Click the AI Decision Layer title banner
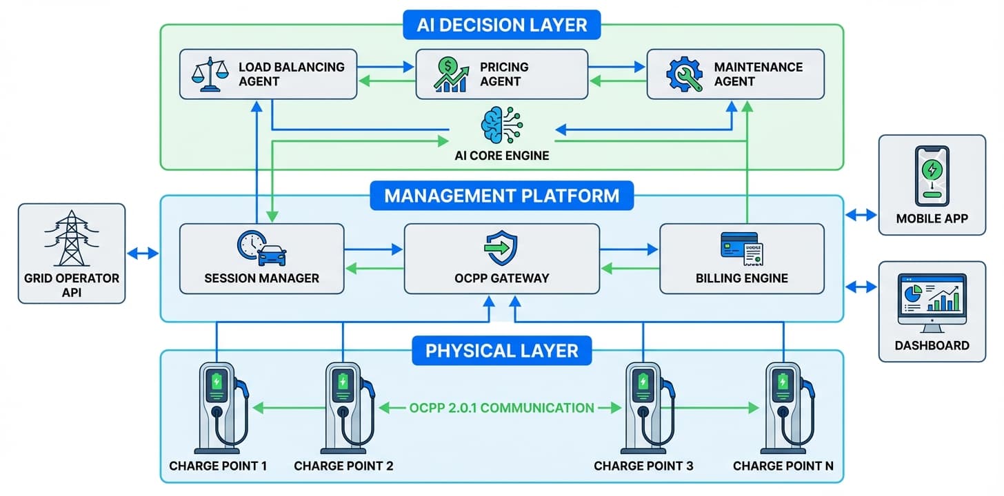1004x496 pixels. click(x=501, y=25)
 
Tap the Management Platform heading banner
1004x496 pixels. click(x=501, y=195)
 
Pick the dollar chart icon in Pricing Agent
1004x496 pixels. click(x=452, y=74)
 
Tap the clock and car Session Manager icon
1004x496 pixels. click(x=261, y=247)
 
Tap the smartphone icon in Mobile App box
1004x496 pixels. click(x=932, y=176)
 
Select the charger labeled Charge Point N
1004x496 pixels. click(x=783, y=406)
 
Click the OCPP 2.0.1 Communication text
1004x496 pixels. click(x=501, y=408)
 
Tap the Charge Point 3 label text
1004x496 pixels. click(x=643, y=466)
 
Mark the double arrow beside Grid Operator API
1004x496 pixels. click(x=143, y=254)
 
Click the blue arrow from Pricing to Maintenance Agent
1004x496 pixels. click(x=617, y=68)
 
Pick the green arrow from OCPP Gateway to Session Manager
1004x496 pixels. click(x=373, y=269)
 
